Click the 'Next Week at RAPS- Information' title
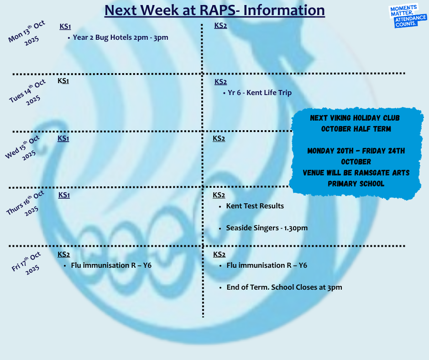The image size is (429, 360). click(x=214, y=11)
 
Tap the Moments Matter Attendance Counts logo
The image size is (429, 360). click(x=407, y=16)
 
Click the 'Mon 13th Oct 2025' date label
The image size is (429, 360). click(x=27, y=33)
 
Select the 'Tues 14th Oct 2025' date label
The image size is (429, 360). click(x=27, y=92)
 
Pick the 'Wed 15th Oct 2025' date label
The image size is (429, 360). click(x=23, y=148)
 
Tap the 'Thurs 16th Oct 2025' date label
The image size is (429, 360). click(x=25, y=203)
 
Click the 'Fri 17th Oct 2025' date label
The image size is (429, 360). click(x=26, y=263)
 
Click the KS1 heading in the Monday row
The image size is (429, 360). click(x=65, y=26)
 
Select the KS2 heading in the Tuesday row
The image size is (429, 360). click(x=220, y=82)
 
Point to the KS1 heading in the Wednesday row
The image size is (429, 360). click(x=63, y=138)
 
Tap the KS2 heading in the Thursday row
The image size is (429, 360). click(x=219, y=195)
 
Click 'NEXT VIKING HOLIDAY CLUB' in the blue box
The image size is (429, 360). click(x=355, y=118)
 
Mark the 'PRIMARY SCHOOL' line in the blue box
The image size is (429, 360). click(x=356, y=184)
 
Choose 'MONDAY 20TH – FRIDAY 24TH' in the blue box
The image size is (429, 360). click(x=356, y=151)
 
